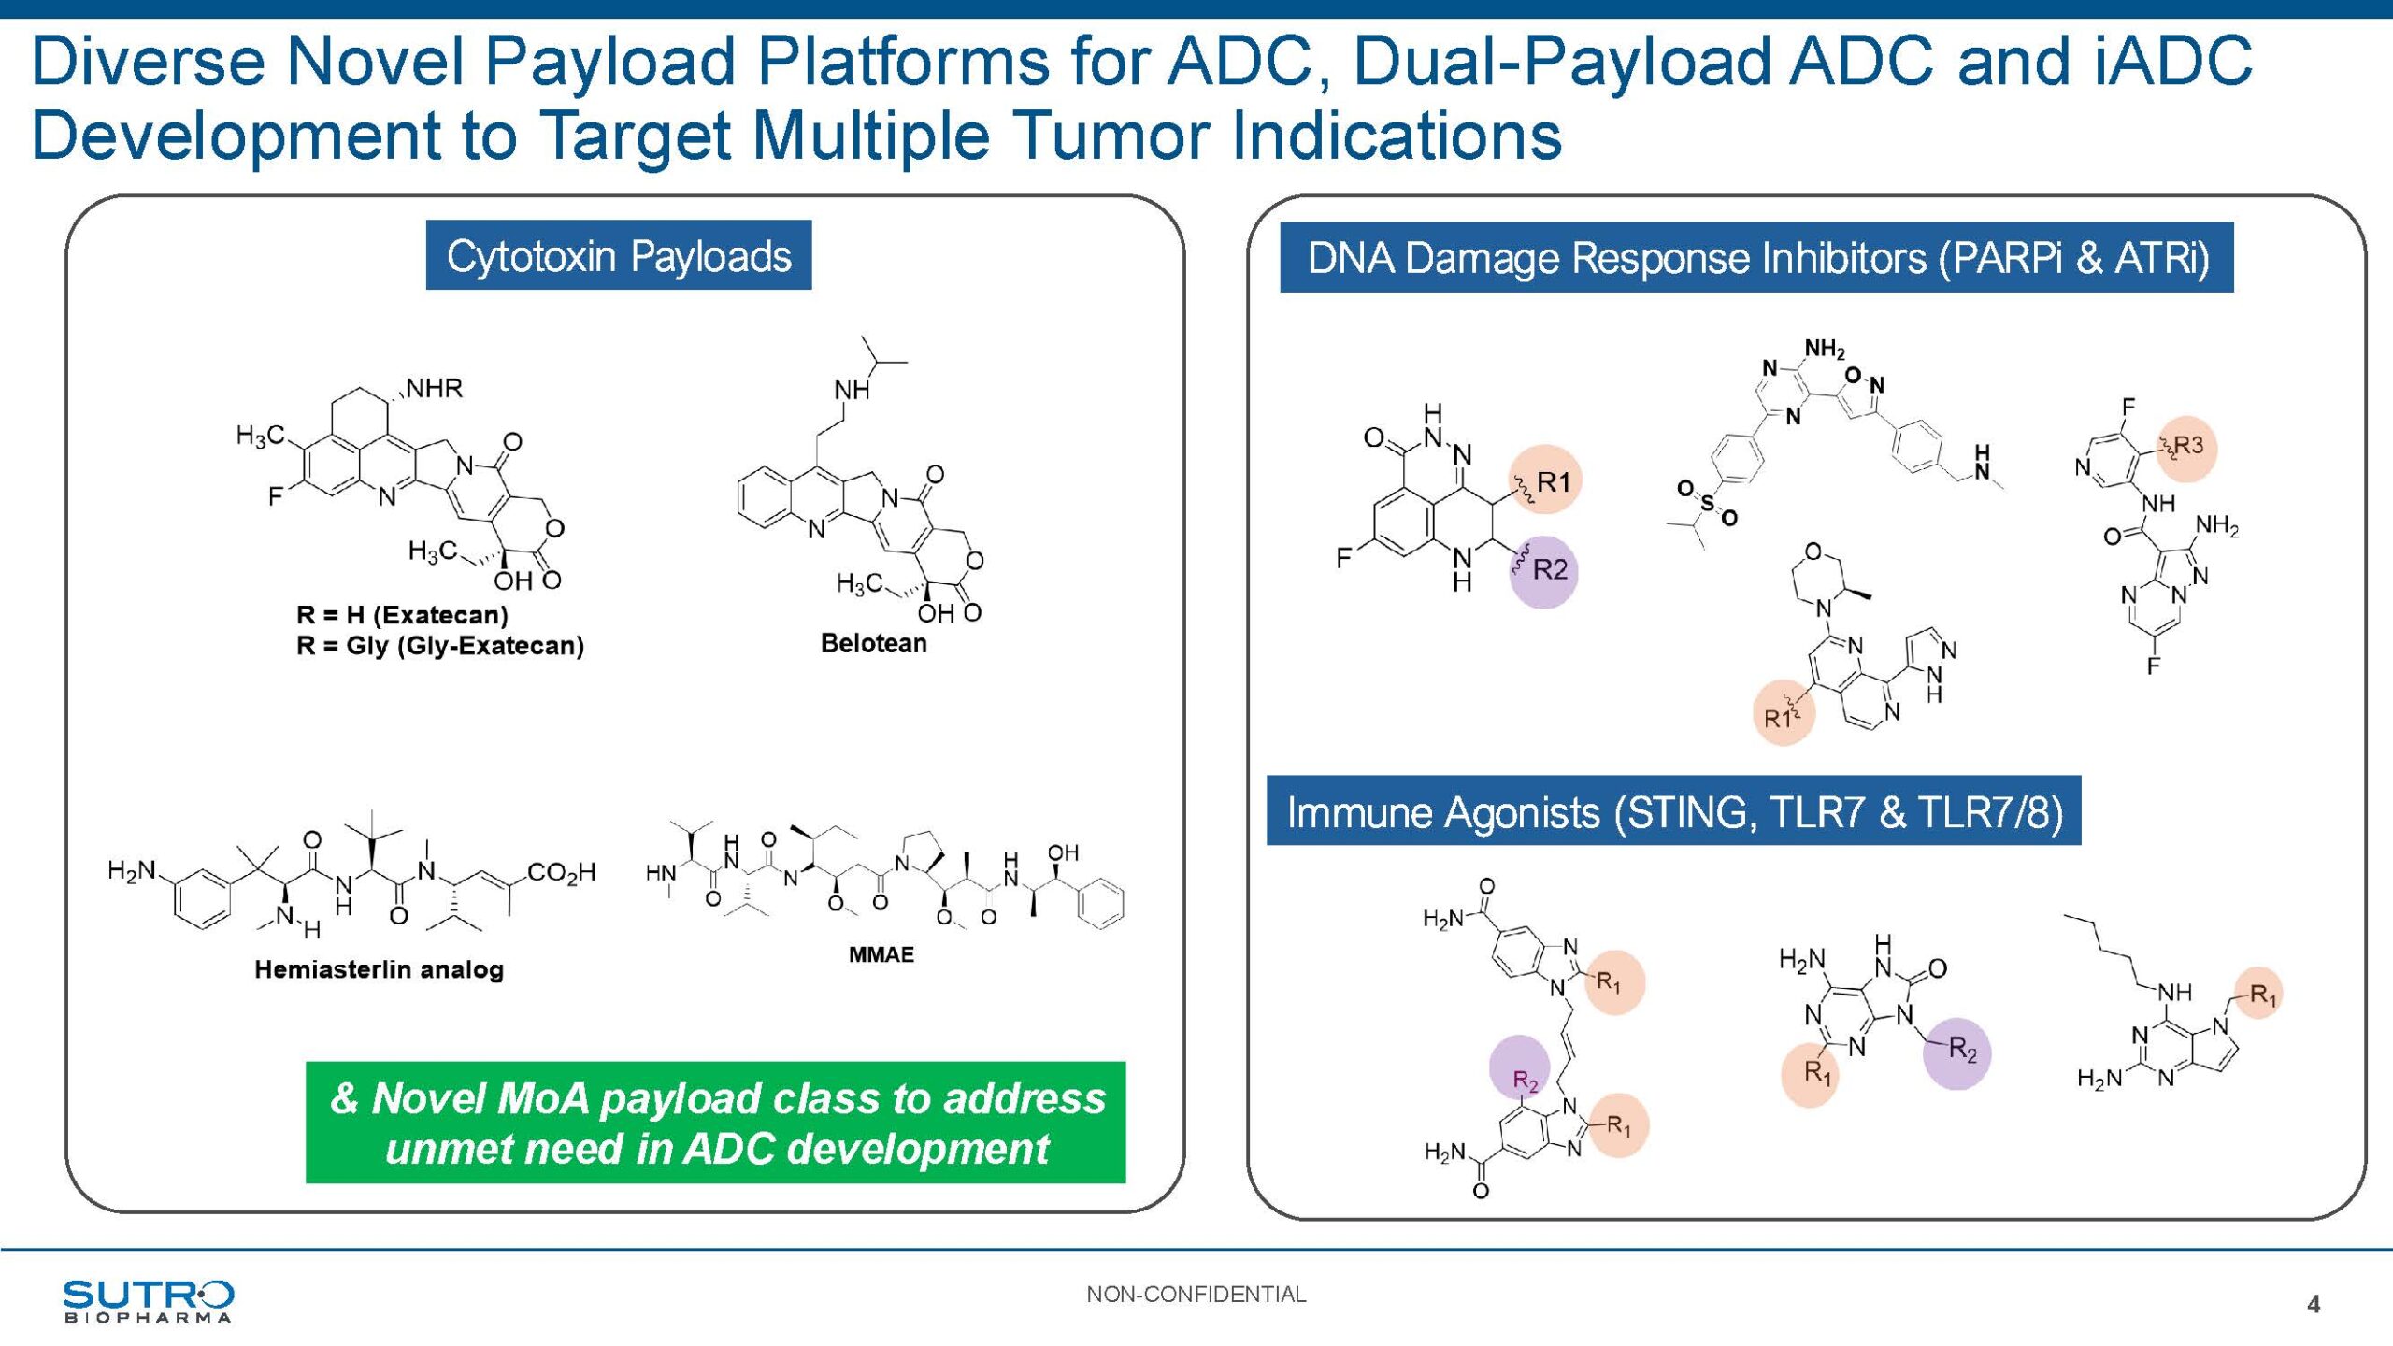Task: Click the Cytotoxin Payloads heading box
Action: click(x=619, y=255)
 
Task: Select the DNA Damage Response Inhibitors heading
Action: click(x=1756, y=257)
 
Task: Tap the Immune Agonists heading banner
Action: click(x=1673, y=811)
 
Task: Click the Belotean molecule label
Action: click(x=873, y=643)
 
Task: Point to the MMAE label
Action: click(x=881, y=954)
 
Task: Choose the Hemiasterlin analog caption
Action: click(x=379, y=969)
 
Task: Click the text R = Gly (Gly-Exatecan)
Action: click(x=439, y=646)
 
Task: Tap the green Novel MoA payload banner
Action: click(x=716, y=1123)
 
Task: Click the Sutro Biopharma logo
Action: click(x=148, y=1301)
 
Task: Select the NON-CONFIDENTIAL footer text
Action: click(x=1196, y=1295)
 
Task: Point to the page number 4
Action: click(x=2314, y=1304)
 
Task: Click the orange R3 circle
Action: click(x=2186, y=447)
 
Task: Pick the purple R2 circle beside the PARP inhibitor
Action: click(x=1544, y=570)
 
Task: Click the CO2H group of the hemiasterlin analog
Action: click(x=561, y=873)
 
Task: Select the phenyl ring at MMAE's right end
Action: click(x=1100, y=903)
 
